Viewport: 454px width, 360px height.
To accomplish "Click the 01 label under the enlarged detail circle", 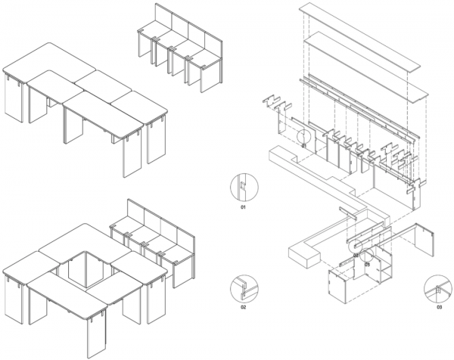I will [x=243, y=205].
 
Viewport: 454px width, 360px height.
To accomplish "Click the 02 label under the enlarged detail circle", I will [x=243, y=308].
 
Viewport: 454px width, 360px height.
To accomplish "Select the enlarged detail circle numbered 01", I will [x=244, y=185].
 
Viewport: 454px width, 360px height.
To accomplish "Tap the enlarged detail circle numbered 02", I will [x=243, y=288].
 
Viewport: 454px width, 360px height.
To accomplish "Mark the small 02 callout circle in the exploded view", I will [x=354, y=245].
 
